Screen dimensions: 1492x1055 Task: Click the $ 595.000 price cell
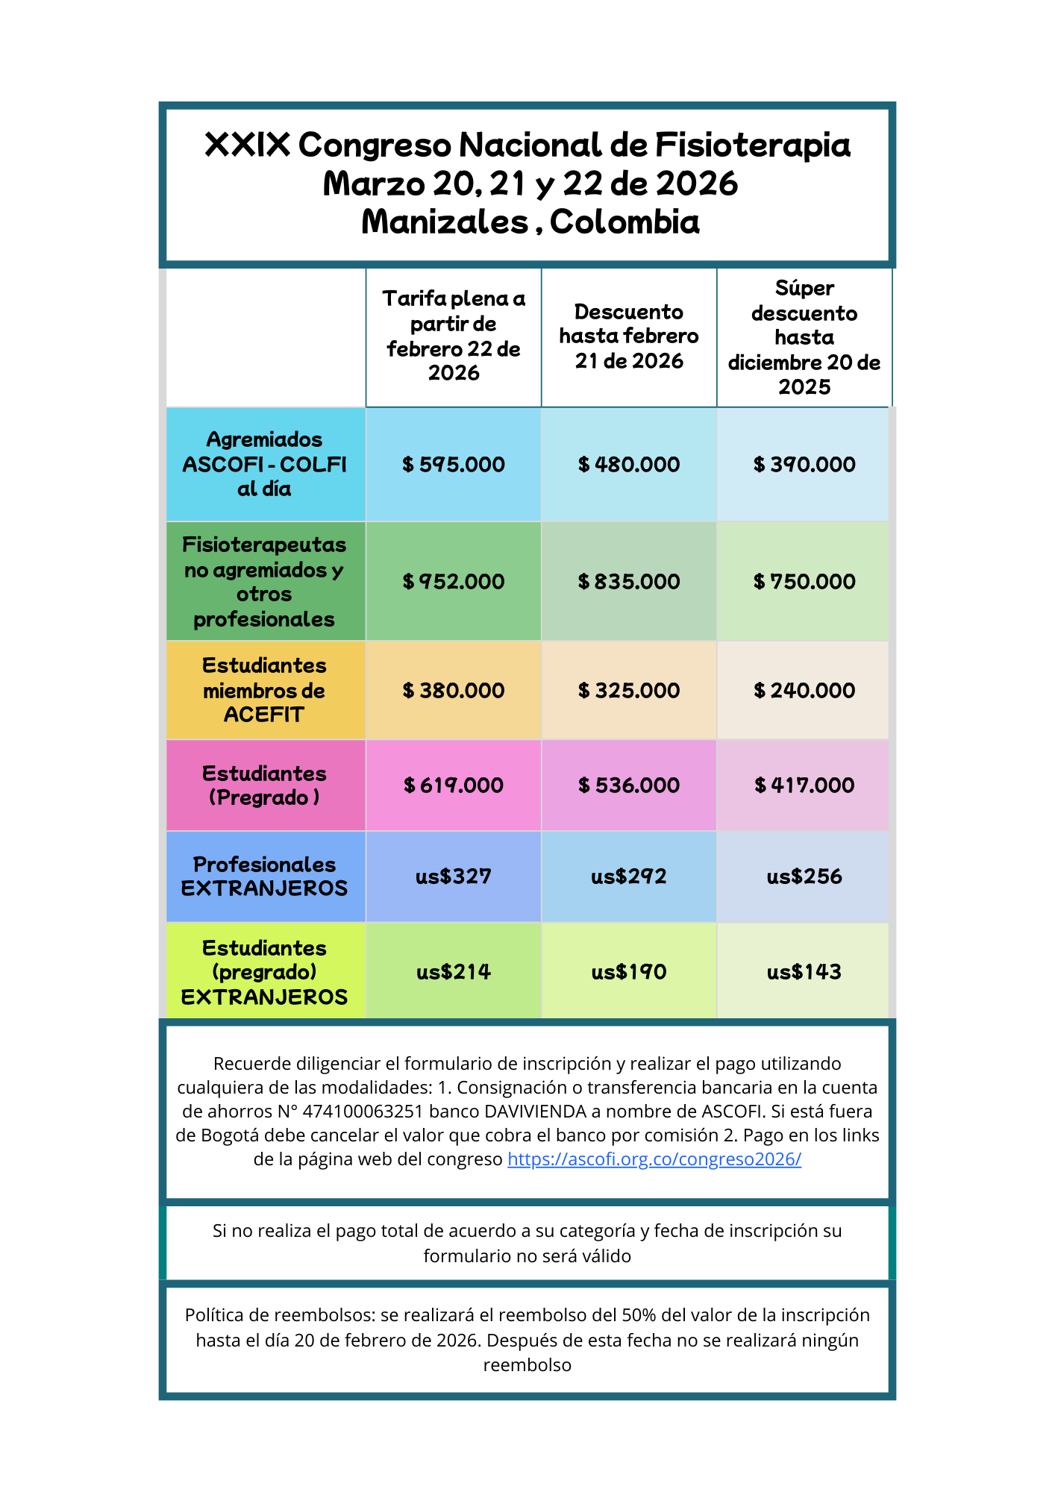453,464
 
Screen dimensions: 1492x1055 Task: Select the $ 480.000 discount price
628,464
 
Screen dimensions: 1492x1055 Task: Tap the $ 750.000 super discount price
804,581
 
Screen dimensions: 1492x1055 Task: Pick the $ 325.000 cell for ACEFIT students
628,690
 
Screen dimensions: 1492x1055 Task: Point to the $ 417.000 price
804,785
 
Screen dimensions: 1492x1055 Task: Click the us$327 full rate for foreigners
453,876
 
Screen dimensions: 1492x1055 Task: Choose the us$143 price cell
804,971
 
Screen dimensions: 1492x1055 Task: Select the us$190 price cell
628,971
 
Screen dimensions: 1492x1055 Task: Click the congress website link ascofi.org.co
654,1159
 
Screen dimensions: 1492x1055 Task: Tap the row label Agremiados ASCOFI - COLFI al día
265,464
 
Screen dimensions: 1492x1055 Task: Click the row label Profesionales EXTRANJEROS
265,876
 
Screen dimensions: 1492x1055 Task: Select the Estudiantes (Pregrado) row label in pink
265,785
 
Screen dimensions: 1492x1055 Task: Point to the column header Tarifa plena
453,335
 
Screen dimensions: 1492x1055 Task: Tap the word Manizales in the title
445,222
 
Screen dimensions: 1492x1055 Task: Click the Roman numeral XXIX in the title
247,145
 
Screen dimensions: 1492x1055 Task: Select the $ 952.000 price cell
453,581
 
